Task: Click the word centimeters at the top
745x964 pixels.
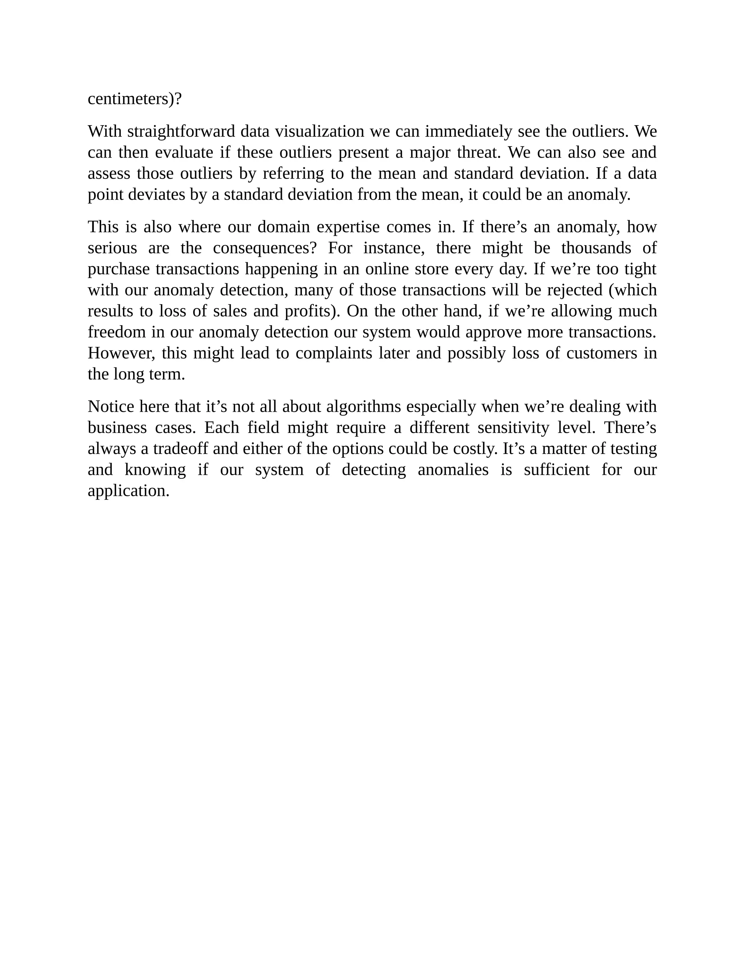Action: [128, 99]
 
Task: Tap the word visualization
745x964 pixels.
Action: [319, 132]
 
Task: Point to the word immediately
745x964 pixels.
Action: [468, 132]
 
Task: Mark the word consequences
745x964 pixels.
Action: [265, 248]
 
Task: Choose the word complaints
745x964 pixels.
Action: [334, 354]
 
